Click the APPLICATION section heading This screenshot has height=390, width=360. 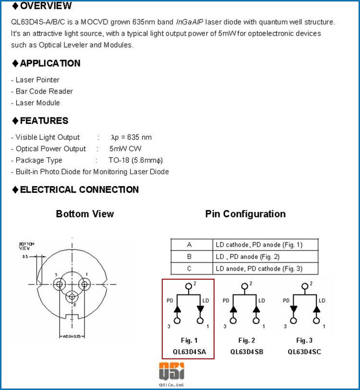click(x=50, y=63)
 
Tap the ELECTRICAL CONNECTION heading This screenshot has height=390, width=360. click(x=79, y=190)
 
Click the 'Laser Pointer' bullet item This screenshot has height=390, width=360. click(x=37, y=80)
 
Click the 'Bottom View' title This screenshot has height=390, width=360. click(x=85, y=214)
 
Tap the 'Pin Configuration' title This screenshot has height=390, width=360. click(x=245, y=214)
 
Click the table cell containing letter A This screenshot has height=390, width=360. click(x=189, y=245)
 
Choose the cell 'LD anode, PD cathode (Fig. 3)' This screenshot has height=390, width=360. click(x=259, y=269)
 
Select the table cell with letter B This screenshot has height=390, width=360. click(x=189, y=257)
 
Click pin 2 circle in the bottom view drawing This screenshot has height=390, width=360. click(x=72, y=297)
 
